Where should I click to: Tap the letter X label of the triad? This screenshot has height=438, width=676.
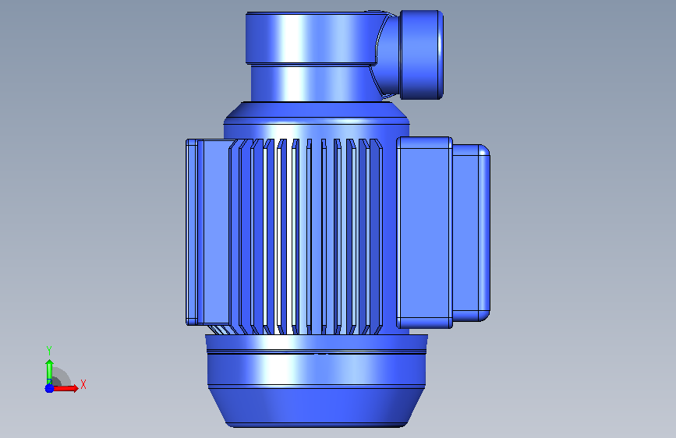pos(83,384)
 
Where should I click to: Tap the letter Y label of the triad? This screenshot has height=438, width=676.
pos(49,351)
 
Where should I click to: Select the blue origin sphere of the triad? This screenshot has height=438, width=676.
pos(49,388)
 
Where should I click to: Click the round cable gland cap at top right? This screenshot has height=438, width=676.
pos(421,55)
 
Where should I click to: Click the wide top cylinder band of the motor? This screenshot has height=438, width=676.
pos(310,38)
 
